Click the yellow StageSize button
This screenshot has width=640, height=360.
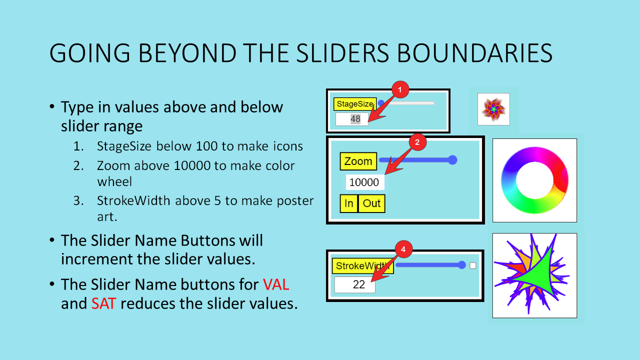(355, 103)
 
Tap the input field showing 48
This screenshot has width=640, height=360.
(352, 119)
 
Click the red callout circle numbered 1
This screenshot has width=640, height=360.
(400, 89)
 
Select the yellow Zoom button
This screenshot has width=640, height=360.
(358, 161)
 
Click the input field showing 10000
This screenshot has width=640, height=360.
(365, 182)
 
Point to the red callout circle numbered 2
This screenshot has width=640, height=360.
(417, 142)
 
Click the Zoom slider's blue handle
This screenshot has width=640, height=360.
(452, 160)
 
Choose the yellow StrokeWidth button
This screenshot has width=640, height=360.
(362, 266)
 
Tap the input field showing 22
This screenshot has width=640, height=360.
(355, 284)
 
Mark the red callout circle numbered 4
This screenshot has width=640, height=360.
(403, 249)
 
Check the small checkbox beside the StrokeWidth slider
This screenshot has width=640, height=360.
(473, 265)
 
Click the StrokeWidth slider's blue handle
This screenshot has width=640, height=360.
(462, 265)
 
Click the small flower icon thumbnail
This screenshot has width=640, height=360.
(493, 109)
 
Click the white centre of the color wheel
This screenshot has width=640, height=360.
(534, 180)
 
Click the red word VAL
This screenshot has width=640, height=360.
(276, 284)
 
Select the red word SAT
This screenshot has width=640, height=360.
(103, 303)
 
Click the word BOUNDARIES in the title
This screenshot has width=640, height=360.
(475, 53)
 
